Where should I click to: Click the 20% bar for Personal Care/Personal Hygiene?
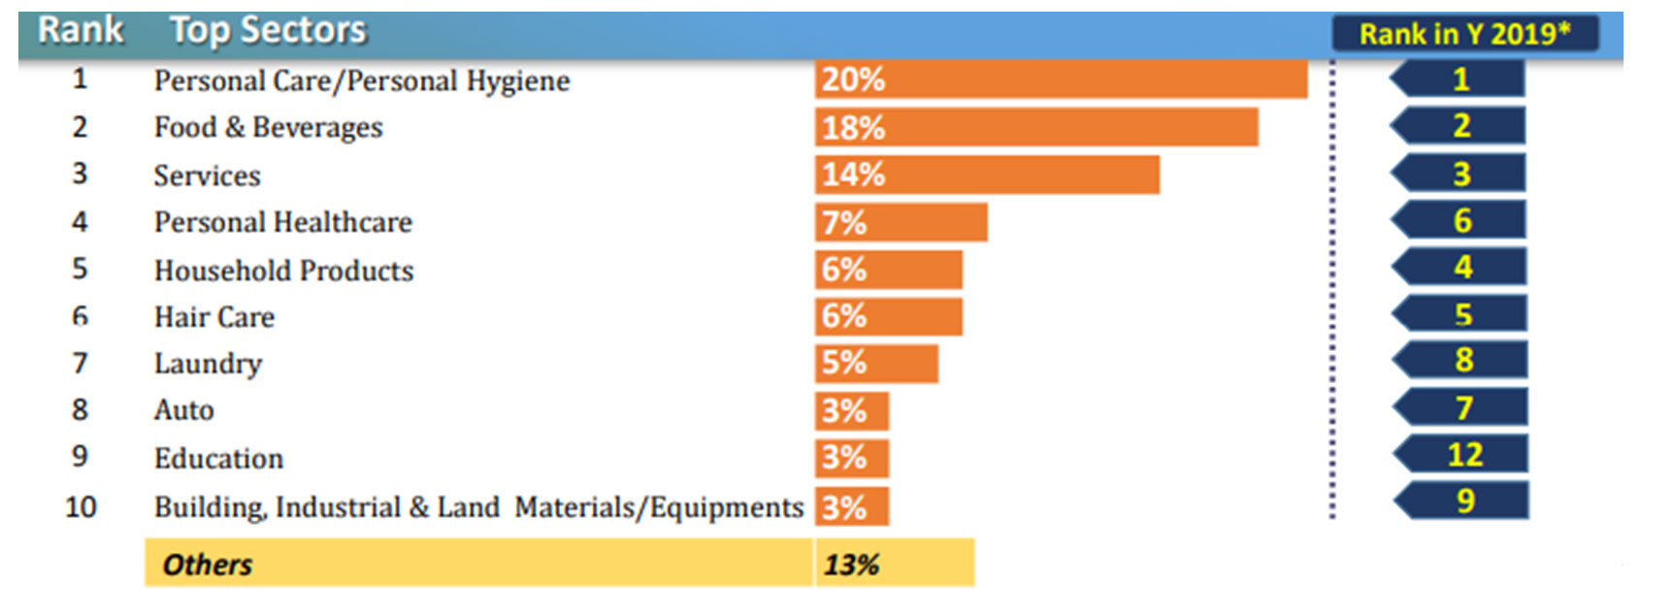tap(1060, 80)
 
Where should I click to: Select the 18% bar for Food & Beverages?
tap(1036, 127)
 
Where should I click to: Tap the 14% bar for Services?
tap(987, 175)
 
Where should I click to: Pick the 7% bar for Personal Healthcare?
tap(901, 222)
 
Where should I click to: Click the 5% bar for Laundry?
tap(876, 363)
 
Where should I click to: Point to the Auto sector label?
tap(183, 410)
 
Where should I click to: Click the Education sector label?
tap(218, 458)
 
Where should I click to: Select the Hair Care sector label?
tap(213, 317)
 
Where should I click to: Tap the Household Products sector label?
tap(283, 271)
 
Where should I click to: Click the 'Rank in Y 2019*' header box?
tap(1463, 34)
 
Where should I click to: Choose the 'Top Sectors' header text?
tap(268, 30)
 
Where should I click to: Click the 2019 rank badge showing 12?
tap(1463, 454)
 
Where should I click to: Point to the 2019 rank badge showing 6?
tap(1461, 221)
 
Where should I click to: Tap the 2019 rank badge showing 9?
tap(1464, 500)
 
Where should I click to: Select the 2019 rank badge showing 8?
tap(1463, 360)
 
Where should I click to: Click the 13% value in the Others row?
tap(851, 564)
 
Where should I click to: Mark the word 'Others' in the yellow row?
tap(207, 564)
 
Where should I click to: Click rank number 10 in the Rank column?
tap(81, 506)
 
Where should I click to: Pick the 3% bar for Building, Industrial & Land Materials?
tap(851, 507)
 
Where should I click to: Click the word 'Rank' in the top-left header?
tap(81, 30)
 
